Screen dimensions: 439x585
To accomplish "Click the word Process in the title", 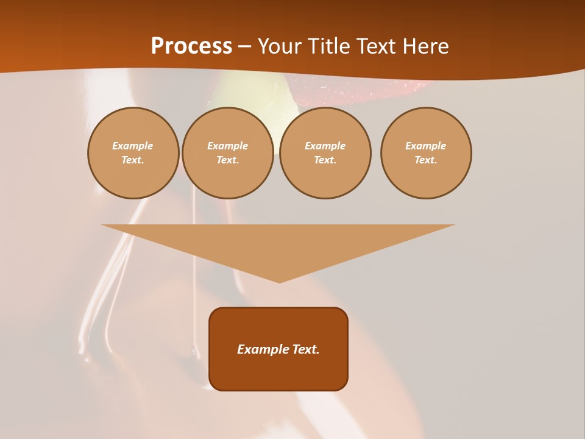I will [191, 46].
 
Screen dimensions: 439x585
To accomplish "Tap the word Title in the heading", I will [327, 46].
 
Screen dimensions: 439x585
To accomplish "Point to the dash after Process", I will [244, 47].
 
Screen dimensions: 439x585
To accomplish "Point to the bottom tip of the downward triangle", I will [279, 282].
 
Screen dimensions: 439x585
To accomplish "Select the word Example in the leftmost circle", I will [133, 146].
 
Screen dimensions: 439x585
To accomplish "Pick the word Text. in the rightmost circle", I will [426, 160].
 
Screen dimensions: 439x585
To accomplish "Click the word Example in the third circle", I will [325, 146].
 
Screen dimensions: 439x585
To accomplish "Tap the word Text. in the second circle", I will [228, 160].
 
